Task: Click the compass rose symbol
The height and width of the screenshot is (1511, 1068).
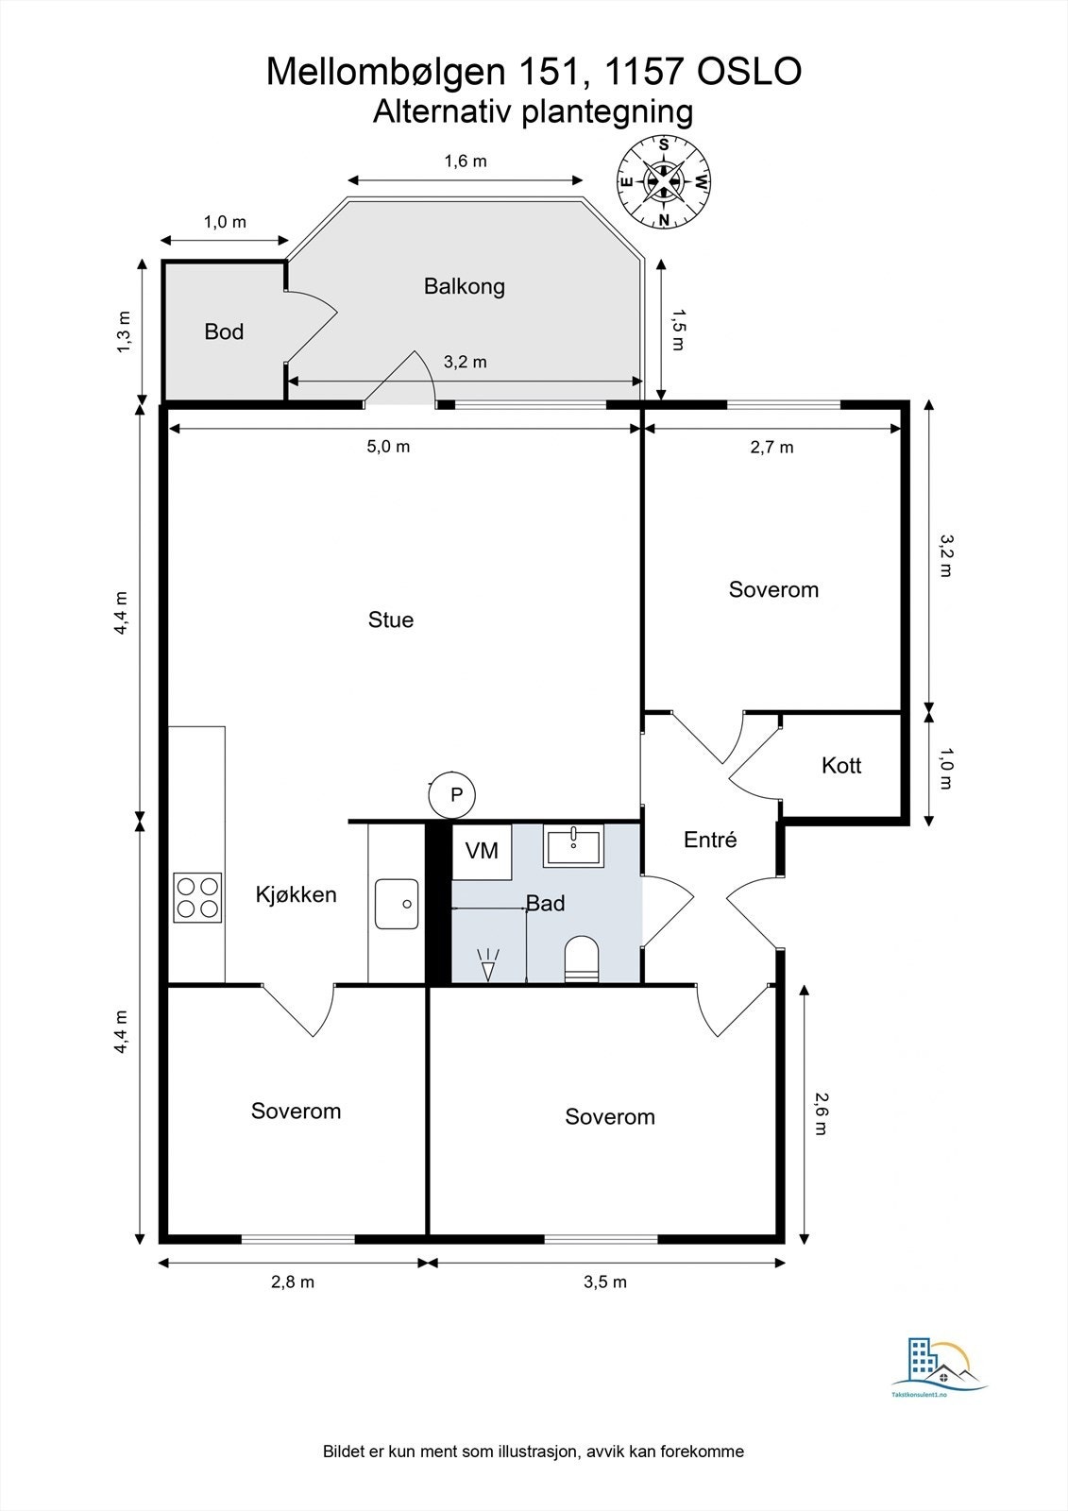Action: (x=664, y=182)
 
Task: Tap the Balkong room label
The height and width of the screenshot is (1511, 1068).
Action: (x=465, y=287)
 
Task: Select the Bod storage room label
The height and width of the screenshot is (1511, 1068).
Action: (x=224, y=331)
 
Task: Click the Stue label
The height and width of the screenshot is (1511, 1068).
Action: (x=391, y=620)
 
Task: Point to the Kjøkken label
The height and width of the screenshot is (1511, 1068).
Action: (x=296, y=895)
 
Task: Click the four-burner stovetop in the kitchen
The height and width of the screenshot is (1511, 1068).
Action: (x=197, y=898)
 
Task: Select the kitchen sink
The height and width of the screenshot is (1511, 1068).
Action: (x=397, y=904)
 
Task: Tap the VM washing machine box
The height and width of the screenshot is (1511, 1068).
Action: (x=482, y=851)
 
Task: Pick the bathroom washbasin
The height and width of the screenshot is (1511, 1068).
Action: (x=573, y=846)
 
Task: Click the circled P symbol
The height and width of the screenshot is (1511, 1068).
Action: (x=452, y=795)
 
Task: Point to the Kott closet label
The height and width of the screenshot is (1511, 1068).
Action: (x=841, y=766)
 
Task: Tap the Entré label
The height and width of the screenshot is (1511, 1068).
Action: (x=710, y=840)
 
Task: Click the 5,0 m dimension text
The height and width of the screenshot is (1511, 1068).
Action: (x=388, y=447)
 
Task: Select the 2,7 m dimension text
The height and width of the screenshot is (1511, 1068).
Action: (x=771, y=448)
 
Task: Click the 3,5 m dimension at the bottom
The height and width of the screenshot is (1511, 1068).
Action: (x=605, y=1282)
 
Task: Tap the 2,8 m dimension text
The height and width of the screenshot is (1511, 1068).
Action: (x=293, y=1282)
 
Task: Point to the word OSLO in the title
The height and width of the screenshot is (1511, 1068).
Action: (x=749, y=72)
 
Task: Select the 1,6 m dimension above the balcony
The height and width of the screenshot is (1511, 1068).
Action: (x=466, y=161)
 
